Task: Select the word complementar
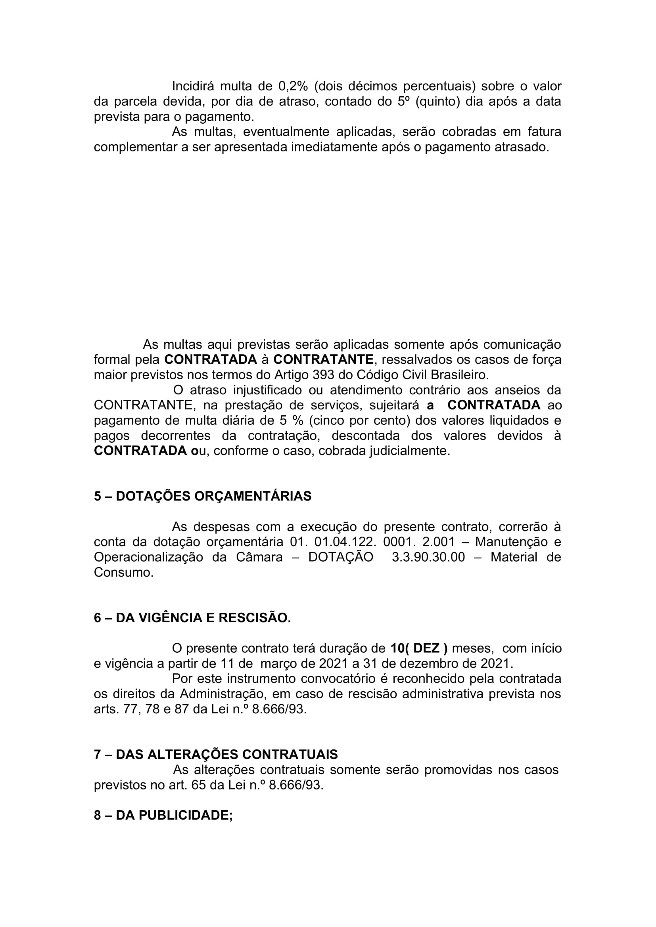pyautogui.click(x=135, y=147)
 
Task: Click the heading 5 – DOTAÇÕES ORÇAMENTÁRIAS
pyautogui.click(x=203, y=496)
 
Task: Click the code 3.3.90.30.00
pyautogui.click(x=428, y=557)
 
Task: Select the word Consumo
pyautogui.click(x=124, y=573)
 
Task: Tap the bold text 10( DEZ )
pyautogui.click(x=419, y=648)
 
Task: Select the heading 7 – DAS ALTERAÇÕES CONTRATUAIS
pyautogui.click(x=216, y=755)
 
